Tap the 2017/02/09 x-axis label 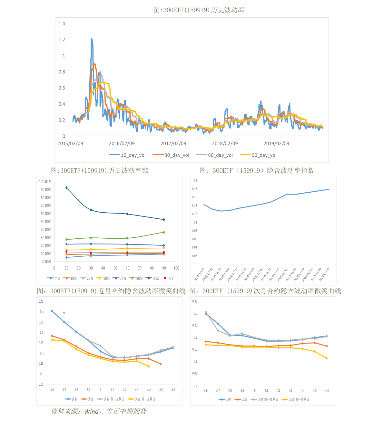coord(173,143)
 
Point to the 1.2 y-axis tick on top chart coord(62,40)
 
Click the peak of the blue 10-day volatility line coord(92,39)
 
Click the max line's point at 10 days coord(66,188)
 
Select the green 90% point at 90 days coord(164,232)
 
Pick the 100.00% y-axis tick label coord(45,182)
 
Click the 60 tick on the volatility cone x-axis coord(127,268)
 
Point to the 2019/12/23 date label coord(199,274)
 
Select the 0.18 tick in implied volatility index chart coord(195,189)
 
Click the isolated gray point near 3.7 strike coord(64,313)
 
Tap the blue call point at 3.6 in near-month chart coord(52,311)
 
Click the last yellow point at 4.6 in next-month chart coord(327,358)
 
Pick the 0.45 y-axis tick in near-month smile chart coord(41,301)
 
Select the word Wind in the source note coord(92,411)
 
